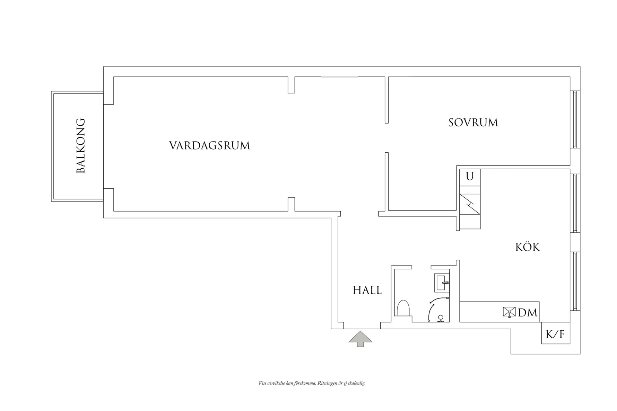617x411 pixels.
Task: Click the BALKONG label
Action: coord(80,146)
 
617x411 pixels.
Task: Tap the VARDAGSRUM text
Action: coord(209,145)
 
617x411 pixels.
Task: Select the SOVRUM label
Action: coord(473,123)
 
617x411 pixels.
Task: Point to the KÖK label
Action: coord(527,247)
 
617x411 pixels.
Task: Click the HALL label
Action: coord(367,290)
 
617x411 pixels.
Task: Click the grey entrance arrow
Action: coord(360,338)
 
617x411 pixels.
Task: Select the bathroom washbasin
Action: coord(442,283)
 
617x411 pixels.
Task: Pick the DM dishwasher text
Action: coord(528,313)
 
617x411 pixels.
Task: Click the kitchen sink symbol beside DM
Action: coord(509,312)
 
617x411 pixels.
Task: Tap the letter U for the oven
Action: coord(470,177)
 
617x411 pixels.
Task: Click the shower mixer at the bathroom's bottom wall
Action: coord(441,319)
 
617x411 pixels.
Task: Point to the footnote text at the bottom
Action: coord(312,383)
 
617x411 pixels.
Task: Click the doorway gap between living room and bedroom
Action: coord(386,137)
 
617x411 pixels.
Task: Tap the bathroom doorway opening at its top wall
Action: coord(421,267)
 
